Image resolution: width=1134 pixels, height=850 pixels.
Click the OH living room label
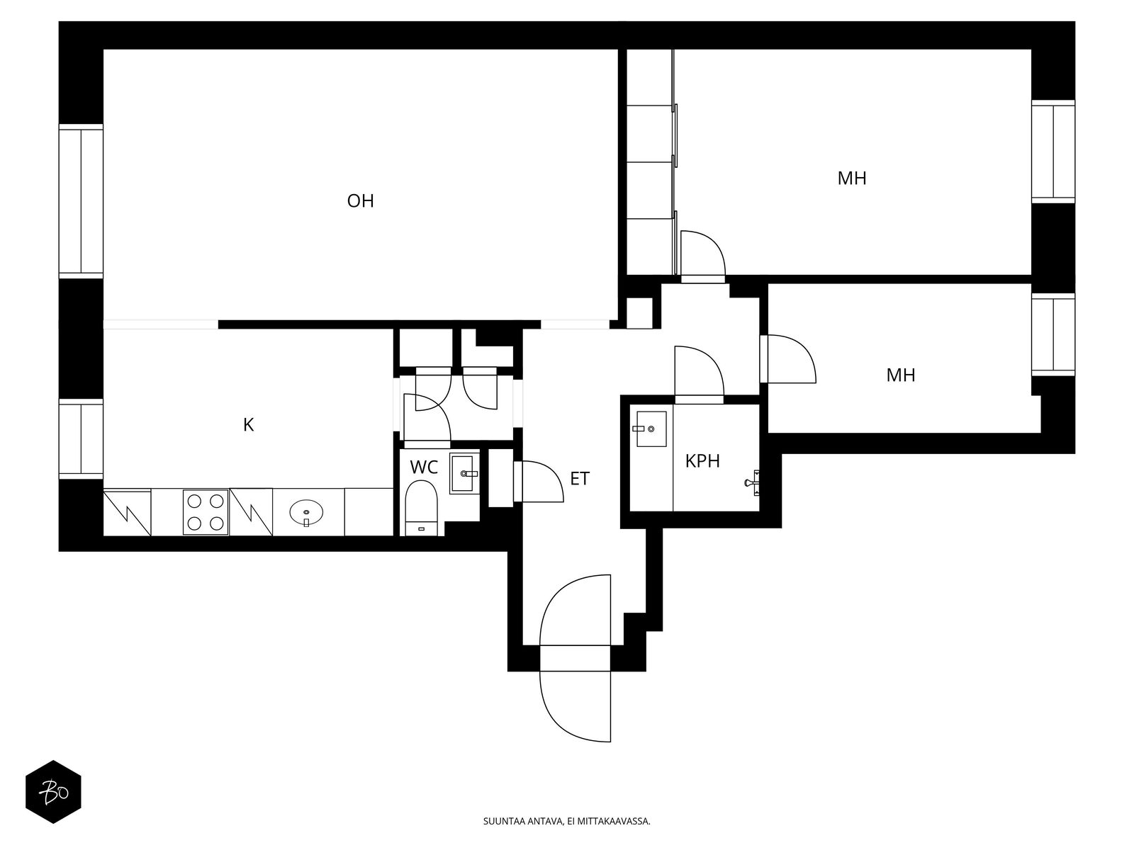point(360,201)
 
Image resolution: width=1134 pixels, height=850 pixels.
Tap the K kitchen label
point(248,425)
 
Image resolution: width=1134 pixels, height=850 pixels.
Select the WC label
point(424,467)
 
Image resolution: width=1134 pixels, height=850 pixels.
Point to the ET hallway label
point(580,480)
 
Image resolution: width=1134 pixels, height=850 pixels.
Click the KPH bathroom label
point(702,462)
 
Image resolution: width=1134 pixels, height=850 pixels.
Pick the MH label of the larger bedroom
point(852,178)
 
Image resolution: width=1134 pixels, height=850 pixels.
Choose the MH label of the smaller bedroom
point(901,375)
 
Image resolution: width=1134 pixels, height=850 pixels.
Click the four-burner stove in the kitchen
point(206,511)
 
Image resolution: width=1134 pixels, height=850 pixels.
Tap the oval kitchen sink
point(306,511)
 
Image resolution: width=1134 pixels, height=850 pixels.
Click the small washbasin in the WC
point(465,473)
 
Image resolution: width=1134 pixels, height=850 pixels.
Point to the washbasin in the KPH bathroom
point(651,429)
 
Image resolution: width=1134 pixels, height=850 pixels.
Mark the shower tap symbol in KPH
point(753,482)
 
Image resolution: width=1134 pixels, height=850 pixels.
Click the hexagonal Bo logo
point(53,791)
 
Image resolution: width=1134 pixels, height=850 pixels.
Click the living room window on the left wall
point(81,200)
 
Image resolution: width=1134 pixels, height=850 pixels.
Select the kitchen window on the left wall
point(81,438)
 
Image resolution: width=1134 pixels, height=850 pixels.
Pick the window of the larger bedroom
point(1053,152)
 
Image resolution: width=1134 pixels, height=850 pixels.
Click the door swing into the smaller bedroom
point(788,360)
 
